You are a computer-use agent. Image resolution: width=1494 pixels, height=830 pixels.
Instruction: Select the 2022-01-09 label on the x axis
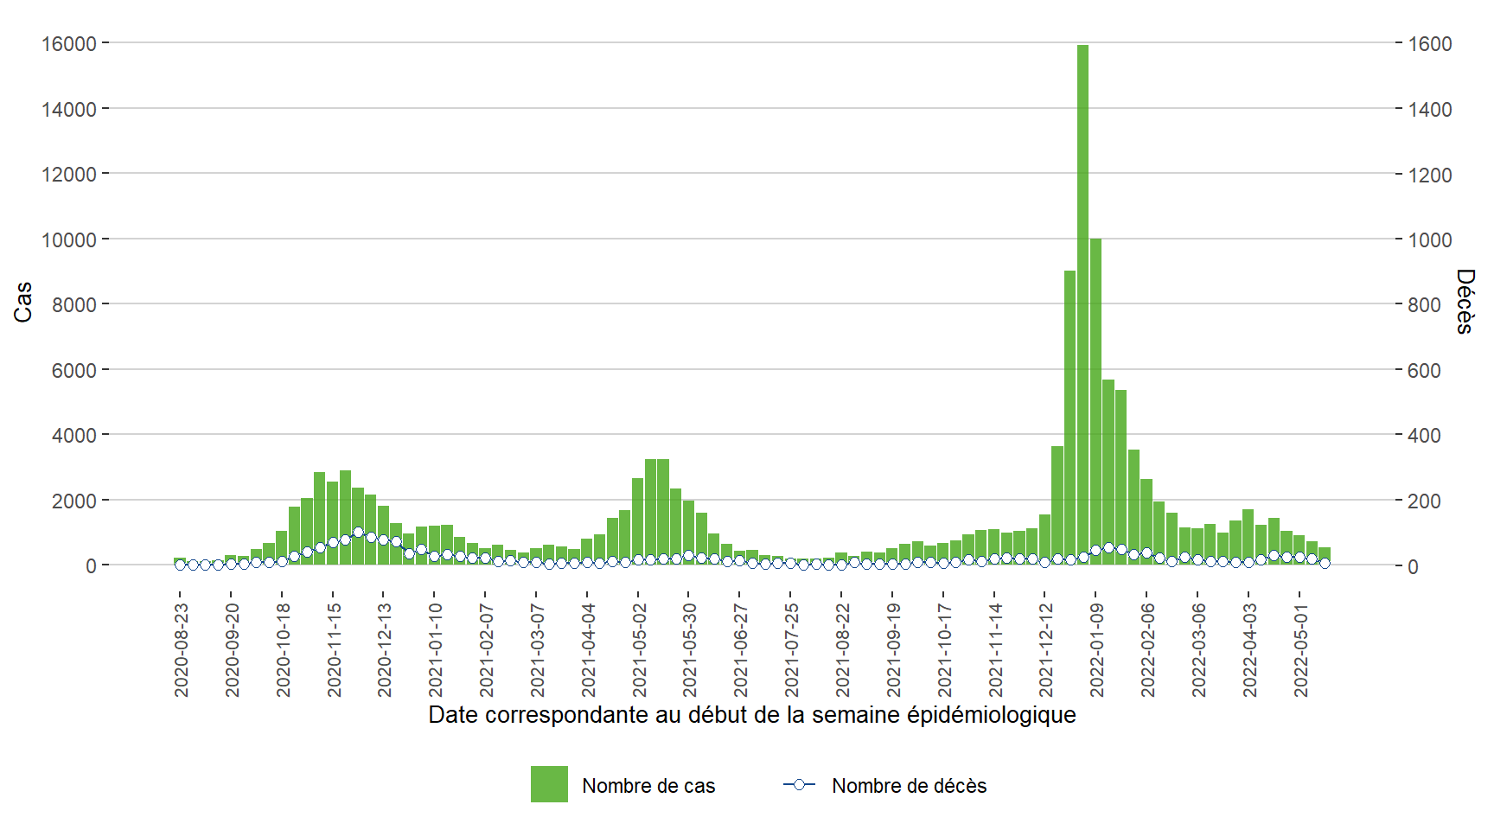click(1096, 650)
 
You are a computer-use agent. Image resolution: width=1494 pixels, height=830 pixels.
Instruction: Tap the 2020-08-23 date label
click(181, 650)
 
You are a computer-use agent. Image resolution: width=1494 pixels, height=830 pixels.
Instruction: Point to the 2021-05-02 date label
click(639, 650)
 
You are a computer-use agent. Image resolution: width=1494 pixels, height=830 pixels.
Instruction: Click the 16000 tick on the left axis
click(68, 43)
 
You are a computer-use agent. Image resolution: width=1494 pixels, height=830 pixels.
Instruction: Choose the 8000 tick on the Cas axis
click(73, 304)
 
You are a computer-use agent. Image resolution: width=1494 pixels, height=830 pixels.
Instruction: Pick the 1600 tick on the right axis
click(1430, 43)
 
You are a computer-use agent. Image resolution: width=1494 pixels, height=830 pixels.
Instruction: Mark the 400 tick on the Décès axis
click(1424, 436)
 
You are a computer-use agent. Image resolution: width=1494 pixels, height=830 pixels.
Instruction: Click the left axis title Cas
click(23, 302)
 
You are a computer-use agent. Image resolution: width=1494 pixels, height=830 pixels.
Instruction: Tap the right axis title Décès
click(1465, 302)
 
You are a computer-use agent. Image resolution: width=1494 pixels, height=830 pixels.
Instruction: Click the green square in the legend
click(549, 784)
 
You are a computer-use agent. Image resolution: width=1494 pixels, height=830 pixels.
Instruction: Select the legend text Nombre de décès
click(909, 786)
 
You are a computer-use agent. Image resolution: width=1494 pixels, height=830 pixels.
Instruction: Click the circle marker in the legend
click(799, 785)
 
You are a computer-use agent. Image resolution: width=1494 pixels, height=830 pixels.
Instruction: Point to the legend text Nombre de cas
click(648, 786)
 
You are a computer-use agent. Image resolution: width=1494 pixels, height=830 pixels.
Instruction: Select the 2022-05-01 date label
click(1300, 650)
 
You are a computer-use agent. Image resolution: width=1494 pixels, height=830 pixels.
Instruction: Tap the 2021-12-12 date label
click(1045, 650)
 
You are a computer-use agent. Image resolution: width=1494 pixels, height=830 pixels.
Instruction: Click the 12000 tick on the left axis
click(68, 174)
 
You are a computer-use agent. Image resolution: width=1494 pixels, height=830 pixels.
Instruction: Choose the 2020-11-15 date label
click(334, 650)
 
